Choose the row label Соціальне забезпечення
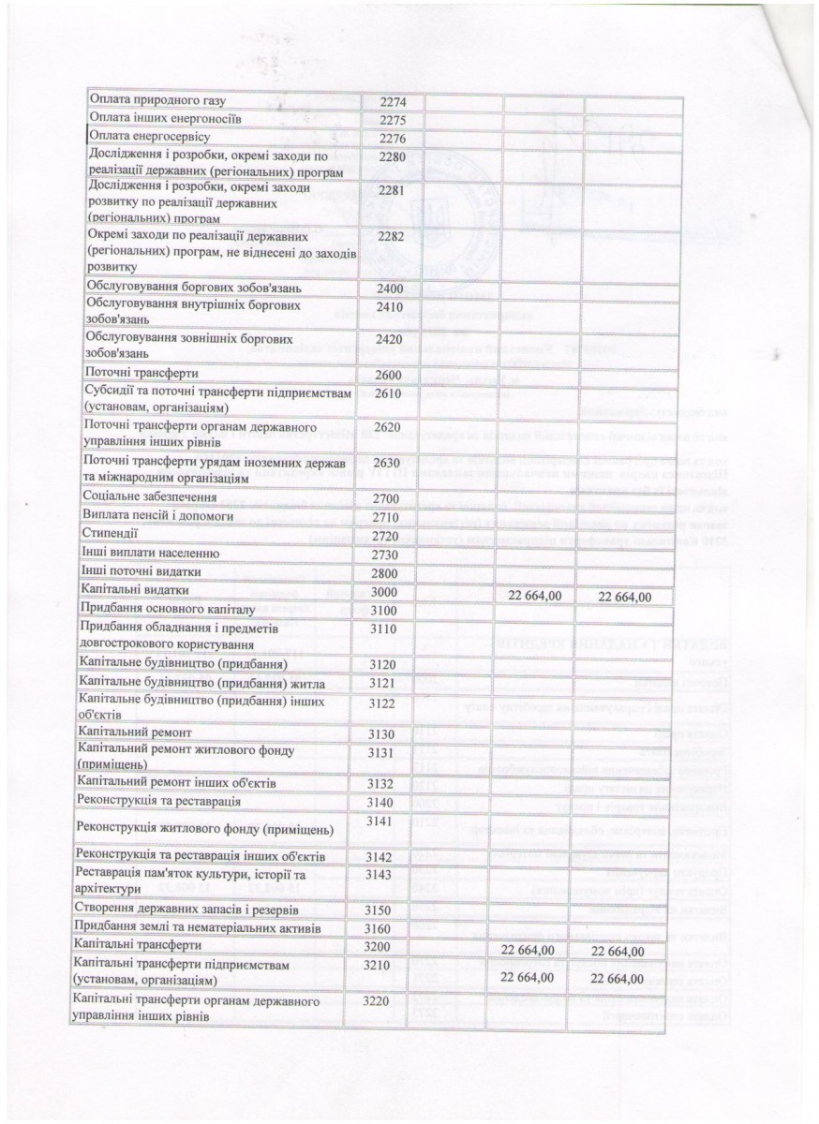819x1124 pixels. point(151,495)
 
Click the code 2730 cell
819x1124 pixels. point(385,554)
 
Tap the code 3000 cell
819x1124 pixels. point(384,592)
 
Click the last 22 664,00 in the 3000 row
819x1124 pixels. point(618,596)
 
